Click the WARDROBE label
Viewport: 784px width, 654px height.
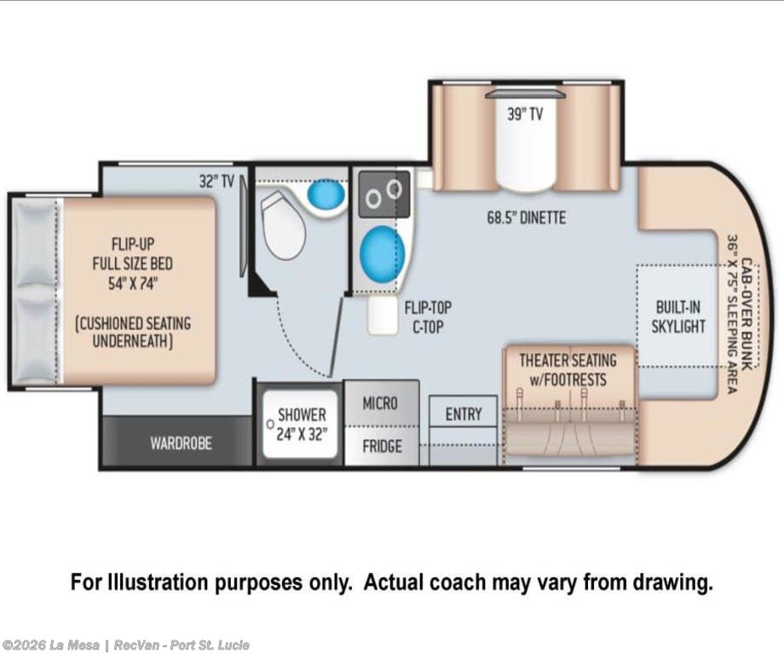point(181,443)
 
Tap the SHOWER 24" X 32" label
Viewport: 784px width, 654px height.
point(302,425)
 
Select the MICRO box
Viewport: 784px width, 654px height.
point(381,403)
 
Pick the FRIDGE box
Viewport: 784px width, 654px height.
point(382,446)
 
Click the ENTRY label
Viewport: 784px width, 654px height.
point(464,414)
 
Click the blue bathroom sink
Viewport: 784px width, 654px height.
point(326,194)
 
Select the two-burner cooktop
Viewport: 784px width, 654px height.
point(384,194)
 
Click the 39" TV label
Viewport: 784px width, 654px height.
point(525,114)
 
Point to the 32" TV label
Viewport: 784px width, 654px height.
point(216,181)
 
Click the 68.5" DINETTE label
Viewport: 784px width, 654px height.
point(527,218)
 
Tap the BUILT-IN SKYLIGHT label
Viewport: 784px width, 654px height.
point(678,316)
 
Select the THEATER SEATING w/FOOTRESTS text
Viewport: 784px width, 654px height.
point(568,370)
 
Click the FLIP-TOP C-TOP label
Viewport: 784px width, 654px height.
point(428,317)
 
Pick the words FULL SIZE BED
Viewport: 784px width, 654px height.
point(132,263)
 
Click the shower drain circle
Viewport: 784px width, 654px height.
point(270,425)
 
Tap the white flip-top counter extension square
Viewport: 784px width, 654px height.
point(383,315)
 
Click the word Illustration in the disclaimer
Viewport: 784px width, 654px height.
point(157,582)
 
